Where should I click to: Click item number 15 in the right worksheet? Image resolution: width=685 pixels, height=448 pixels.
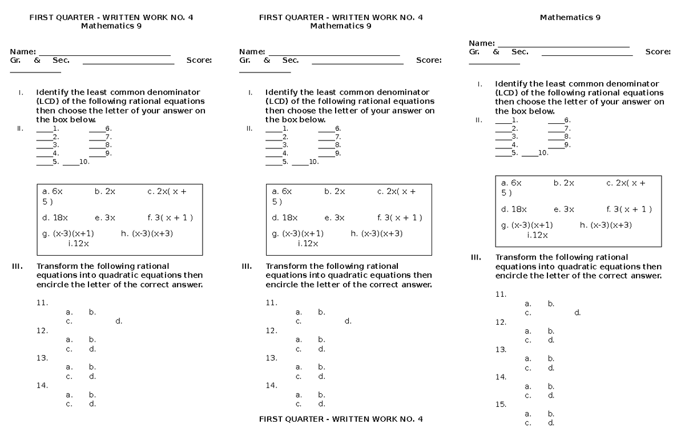(501, 405)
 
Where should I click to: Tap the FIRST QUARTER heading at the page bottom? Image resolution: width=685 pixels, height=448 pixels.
(341, 419)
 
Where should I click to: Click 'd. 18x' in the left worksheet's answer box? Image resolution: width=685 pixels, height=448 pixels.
(55, 217)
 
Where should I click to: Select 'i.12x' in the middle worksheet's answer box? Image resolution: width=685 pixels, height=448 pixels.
(308, 244)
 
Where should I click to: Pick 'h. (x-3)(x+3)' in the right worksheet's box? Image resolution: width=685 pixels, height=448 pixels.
(606, 225)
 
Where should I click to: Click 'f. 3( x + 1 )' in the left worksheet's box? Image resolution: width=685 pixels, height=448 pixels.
(170, 217)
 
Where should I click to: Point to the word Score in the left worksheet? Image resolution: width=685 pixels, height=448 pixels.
(199, 60)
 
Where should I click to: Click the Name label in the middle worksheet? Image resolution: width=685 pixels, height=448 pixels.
(252, 52)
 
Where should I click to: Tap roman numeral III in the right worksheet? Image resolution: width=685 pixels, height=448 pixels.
(476, 257)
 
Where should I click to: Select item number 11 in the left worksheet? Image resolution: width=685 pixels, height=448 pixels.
(42, 303)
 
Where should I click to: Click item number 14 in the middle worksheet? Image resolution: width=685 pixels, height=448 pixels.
(271, 385)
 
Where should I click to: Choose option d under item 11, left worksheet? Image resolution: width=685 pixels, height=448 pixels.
(119, 321)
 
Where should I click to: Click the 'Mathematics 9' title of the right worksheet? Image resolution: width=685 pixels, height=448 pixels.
(570, 17)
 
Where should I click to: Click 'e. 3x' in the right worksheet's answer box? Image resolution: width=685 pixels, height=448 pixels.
(564, 209)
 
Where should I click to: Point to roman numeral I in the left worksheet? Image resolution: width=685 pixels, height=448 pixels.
(21, 92)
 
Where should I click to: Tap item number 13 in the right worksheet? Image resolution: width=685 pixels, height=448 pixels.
(501, 349)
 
